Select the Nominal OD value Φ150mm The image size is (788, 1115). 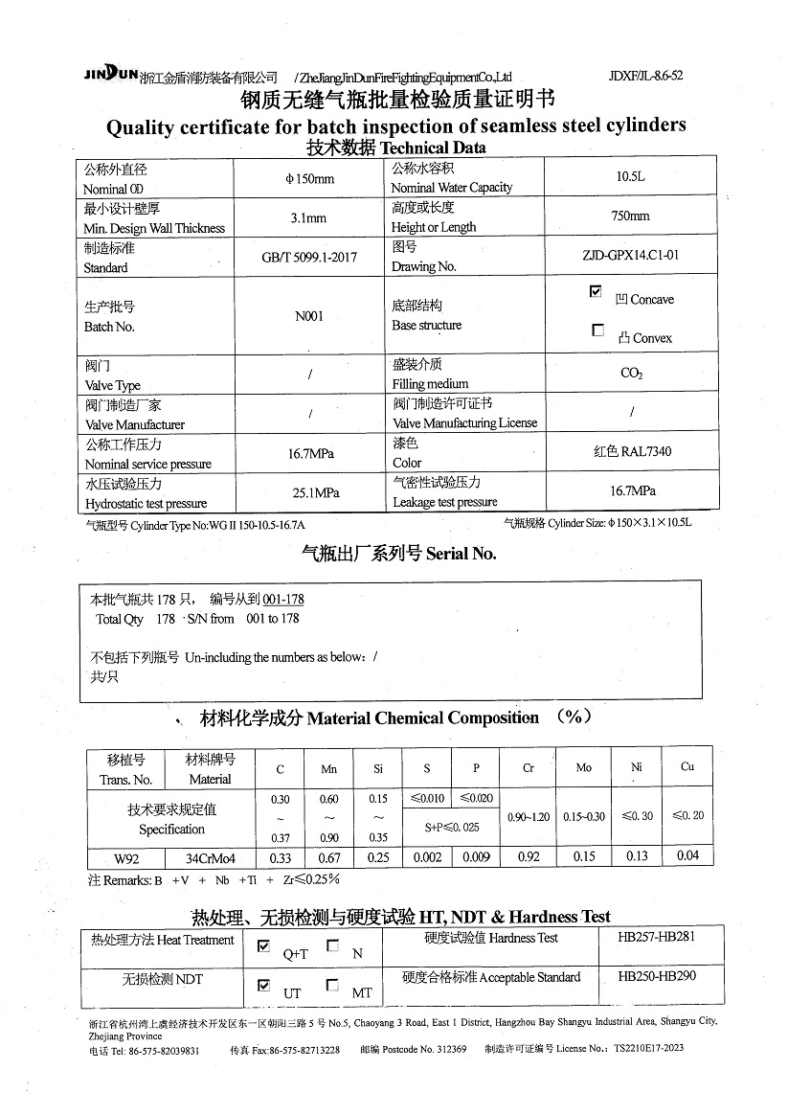pyautogui.click(x=309, y=179)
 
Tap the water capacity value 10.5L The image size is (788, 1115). pyautogui.click(x=631, y=177)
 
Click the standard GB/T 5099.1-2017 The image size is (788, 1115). pyautogui.click(x=309, y=258)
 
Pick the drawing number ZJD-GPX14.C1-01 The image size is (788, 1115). pyautogui.click(x=630, y=256)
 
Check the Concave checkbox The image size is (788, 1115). pyautogui.click(x=597, y=291)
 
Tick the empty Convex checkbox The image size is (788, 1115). pyautogui.click(x=597, y=330)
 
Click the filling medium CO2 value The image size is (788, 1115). pyautogui.click(x=631, y=374)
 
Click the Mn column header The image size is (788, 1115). pyautogui.click(x=328, y=768)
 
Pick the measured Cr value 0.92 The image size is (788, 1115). pyautogui.click(x=529, y=857)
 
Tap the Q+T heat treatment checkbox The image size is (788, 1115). pyautogui.click(x=264, y=946)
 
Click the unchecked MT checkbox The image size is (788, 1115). pyautogui.click(x=332, y=985)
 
